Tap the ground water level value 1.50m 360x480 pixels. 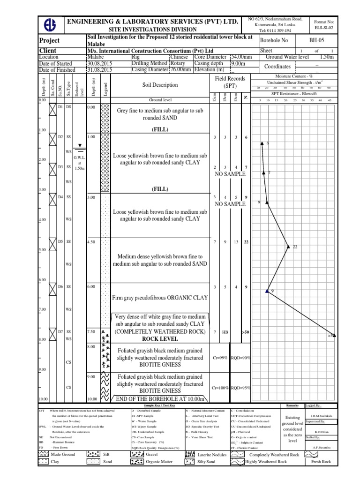tap(325, 57)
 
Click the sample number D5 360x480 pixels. tap(60, 241)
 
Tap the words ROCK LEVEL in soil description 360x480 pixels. tap(159, 339)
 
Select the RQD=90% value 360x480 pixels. tap(241, 358)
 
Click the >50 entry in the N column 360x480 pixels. tap(246, 332)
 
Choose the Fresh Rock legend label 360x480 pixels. tap(321, 462)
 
